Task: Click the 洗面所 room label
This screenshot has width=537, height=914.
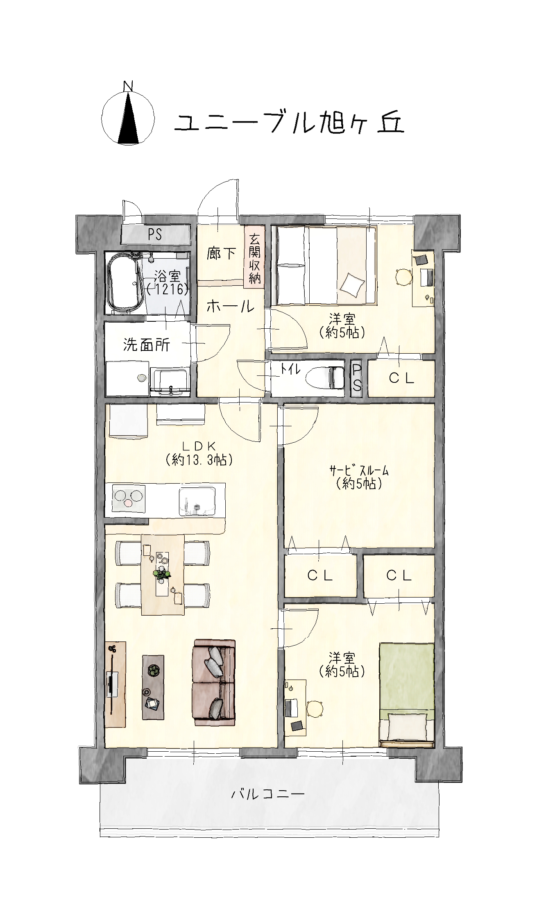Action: point(147,345)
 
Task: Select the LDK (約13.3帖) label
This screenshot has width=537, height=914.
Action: point(199,453)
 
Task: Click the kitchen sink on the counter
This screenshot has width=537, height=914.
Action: point(197,501)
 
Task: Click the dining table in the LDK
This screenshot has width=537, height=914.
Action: point(163,575)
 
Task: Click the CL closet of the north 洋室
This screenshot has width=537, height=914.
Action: point(401,378)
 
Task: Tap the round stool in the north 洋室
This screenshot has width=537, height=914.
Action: point(403,277)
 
